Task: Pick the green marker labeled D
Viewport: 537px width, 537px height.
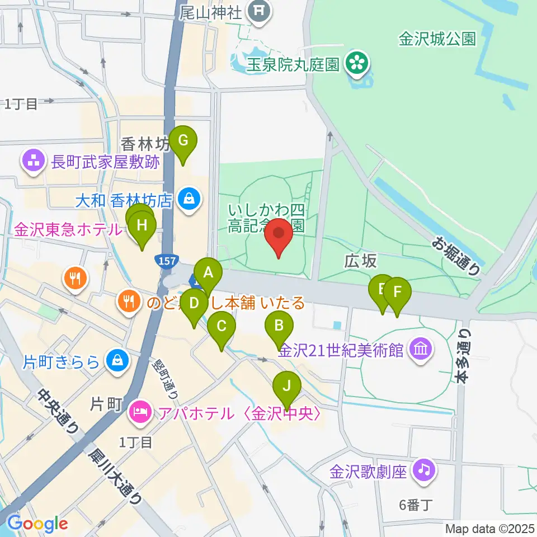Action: click(194, 304)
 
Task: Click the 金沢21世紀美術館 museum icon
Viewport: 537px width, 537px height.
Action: click(420, 350)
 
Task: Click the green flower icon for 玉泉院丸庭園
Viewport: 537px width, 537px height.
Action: click(356, 64)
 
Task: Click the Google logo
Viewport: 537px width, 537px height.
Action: click(37, 524)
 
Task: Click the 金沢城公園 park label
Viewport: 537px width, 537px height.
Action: click(437, 39)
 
